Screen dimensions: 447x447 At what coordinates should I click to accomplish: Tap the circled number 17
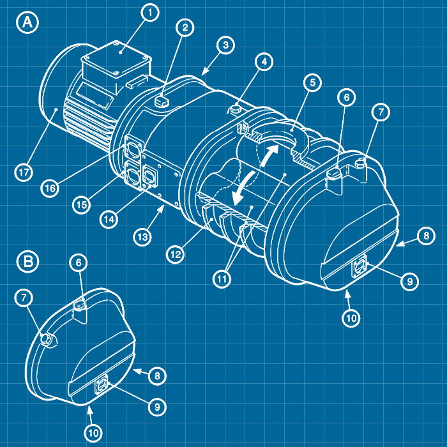pyautogui.click(x=24, y=172)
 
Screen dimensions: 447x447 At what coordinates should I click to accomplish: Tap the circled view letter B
pyautogui.click(x=28, y=261)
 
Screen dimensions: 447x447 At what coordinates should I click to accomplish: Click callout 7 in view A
pyautogui.click(x=380, y=112)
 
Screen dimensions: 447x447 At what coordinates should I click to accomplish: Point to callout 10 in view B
pyautogui.click(x=93, y=433)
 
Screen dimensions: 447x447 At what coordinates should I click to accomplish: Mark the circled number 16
pyautogui.click(x=50, y=188)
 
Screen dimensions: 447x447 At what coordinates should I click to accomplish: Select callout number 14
pyautogui.click(x=109, y=218)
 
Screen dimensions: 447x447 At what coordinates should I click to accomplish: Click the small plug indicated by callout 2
pyautogui.click(x=163, y=98)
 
